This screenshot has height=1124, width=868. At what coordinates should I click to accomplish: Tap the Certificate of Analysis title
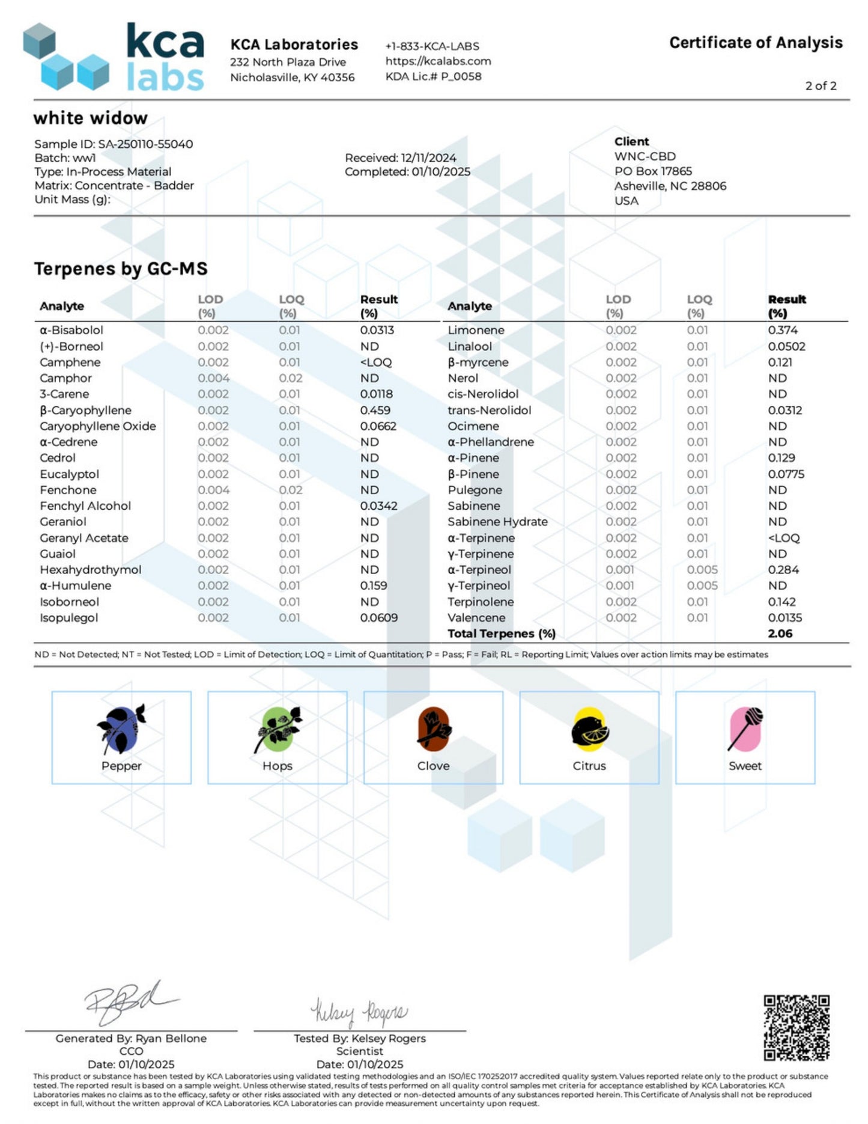[x=756, y=43]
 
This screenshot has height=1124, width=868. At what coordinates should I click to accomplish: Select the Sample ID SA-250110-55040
[x=114, y=144]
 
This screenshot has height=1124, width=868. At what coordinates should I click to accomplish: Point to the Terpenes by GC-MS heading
[x=121, y=269]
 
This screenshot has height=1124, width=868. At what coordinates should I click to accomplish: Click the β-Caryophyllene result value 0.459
[x=375, y=410]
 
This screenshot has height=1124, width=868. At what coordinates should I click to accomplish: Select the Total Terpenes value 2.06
[x=780, y=634]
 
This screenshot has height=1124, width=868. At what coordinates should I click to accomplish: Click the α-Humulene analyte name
[x=76, y=585]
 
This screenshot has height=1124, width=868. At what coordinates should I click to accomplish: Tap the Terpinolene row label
[x=481, y=602]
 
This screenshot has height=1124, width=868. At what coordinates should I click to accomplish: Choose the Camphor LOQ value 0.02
[x=290, y=378]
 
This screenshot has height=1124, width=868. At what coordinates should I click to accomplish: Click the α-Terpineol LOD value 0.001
[x=620, y=570]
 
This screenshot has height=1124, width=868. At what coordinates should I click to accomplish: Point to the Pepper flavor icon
[x=121, y=728]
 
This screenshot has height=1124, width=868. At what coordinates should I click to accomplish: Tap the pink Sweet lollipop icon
[x=745, y=729]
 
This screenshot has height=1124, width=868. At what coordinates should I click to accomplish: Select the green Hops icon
[x=278, y=729]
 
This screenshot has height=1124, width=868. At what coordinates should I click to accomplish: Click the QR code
[x=797, y=1027]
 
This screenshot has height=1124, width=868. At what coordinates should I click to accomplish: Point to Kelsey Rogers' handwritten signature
[x=359, y=1012]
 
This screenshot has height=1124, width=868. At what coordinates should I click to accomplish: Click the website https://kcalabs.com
[x=439, y=61]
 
